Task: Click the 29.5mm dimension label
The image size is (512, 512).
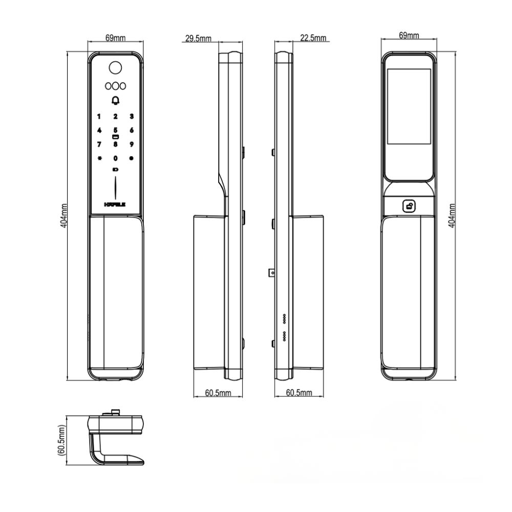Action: (x=198, y=38)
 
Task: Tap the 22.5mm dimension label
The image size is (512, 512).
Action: (x=313, y=38)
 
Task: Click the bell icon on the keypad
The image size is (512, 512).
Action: (x=115, y=100)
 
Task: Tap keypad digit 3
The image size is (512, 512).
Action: (x=132, y=117)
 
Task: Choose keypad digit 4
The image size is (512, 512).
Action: (x=99, y=131)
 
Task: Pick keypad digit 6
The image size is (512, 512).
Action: (x=132, y=131)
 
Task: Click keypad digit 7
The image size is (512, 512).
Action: (x=99, y=144)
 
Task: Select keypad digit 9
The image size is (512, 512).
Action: (x=132, y=144)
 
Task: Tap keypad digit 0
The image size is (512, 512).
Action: (x=115, y=158)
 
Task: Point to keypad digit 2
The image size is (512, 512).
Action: (x=115, y=117)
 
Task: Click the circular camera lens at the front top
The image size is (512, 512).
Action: (x=115, y=68)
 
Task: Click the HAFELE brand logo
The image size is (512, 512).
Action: (x=115, y=204)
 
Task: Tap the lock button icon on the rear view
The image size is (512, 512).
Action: (x=410, y=206)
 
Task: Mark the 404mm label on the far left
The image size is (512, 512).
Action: (x=64, y=216)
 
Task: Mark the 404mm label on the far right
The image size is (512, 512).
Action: (x=452, y=216)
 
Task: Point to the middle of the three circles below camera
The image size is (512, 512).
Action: (x=115, y=86)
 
